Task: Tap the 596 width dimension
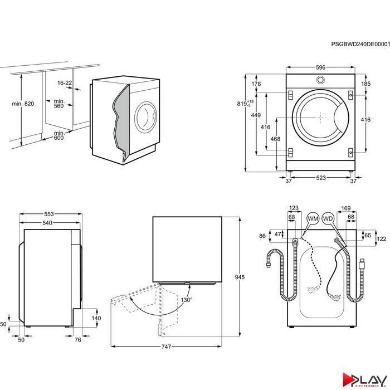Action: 320,67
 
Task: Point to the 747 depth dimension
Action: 166,347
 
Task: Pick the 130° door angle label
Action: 186,300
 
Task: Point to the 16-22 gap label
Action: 65,82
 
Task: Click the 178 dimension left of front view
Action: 256,84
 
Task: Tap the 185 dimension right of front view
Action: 365,84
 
